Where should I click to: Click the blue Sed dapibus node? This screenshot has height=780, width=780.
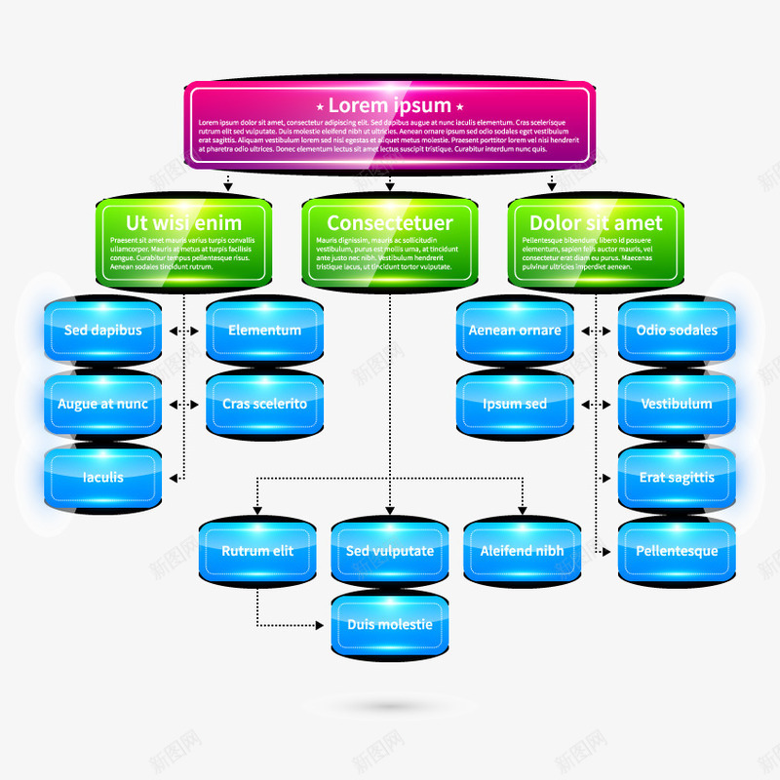(103, 331)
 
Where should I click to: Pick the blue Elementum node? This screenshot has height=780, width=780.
(264, 331)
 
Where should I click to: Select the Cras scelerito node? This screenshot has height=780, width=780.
(264, 404)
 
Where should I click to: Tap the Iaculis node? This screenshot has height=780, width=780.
(103, 478)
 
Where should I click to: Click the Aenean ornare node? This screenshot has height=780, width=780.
(515, 331)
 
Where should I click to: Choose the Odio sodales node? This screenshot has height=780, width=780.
(677, 331)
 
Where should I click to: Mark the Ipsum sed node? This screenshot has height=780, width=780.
(515, 404)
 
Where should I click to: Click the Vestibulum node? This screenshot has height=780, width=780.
(677, 404)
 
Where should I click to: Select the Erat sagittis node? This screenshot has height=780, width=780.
(677, 478)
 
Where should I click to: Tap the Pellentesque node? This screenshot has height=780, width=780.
(677, 551)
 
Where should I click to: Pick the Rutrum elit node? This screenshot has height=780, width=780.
(257, 551)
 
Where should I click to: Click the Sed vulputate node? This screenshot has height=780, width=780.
(389, 551)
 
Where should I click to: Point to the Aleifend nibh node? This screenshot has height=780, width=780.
(522, 551)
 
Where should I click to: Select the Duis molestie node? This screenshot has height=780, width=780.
(389, 624)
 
